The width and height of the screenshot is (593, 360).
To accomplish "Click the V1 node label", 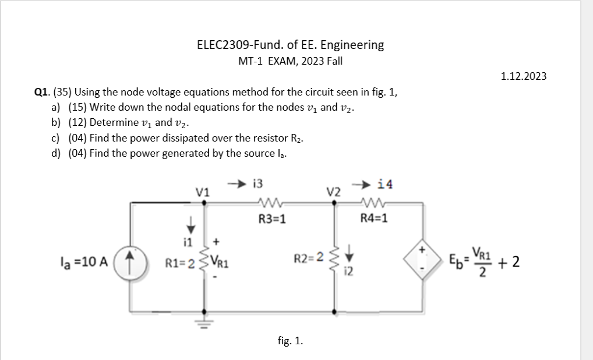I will point(202,192).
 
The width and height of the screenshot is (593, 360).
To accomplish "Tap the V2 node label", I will point(333,192).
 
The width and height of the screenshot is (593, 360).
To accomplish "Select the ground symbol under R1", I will point(203,323).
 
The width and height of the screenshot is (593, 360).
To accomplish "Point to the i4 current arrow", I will point(367,184).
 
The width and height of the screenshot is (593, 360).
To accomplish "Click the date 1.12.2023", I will point(524,76).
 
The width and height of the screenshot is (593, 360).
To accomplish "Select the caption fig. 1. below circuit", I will point(290,341).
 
